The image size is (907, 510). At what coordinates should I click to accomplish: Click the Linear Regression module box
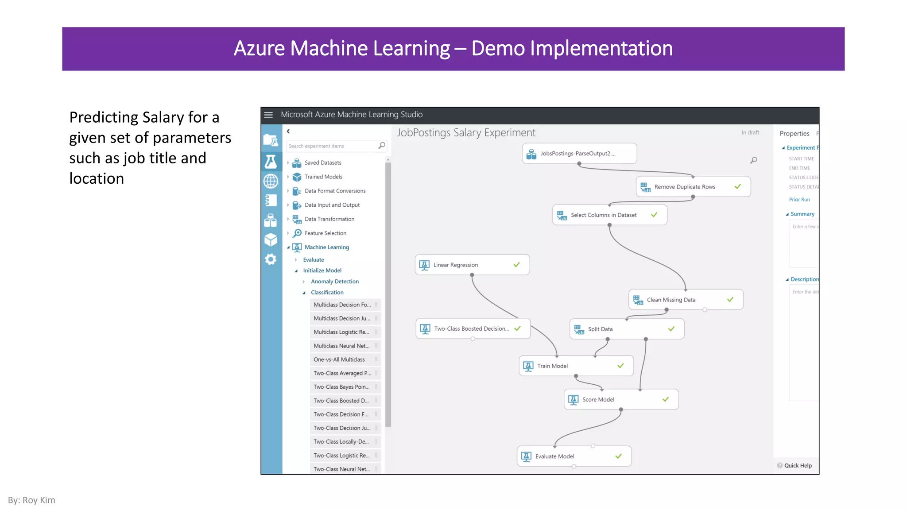tap(472, 265)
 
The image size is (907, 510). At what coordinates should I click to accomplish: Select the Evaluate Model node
tap(574, 456)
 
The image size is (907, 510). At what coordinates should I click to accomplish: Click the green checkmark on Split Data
tap(671, 329)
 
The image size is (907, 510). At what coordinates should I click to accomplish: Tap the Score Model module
tap(620, 399)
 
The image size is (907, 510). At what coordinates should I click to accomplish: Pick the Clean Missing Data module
tap(685, 300)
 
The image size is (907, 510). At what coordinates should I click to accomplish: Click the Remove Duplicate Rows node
tap(693, 187)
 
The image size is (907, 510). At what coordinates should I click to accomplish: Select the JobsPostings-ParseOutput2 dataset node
tap(579, 154)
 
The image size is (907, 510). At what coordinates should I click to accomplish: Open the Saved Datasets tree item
tap(323, 163)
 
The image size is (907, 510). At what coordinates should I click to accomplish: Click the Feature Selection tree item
tap(325, 233)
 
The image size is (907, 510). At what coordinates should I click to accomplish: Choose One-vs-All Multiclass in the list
tap(339, 359)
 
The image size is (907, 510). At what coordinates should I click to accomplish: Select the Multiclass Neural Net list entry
tap(341, 346)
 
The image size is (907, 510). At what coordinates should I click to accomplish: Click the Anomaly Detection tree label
tap(334, 282)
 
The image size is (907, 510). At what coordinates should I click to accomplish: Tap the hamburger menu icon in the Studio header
tap(268, 115)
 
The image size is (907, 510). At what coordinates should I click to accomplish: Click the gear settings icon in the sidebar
tap(271, 259)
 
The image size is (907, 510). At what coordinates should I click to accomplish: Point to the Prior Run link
tap(799, 200)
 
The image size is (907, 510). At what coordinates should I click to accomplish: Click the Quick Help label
tap(798, 465)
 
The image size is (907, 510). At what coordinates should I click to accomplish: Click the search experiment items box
tap(332, 146)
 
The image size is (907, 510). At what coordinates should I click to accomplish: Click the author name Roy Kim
tap(39, 500)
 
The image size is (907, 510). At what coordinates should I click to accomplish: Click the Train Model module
tap(576, 366)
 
